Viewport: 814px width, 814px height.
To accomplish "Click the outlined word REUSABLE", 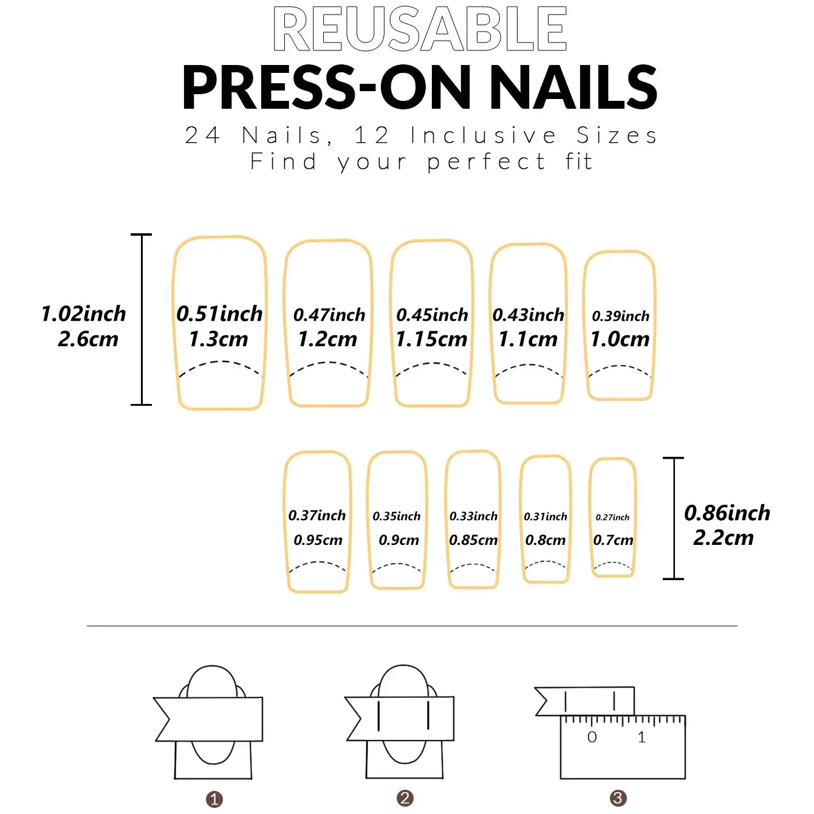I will click(x=420, y=29).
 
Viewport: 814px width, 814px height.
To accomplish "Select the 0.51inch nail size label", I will click(x=219, y=314).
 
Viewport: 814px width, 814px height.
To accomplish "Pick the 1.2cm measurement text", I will click(x=327, y=339).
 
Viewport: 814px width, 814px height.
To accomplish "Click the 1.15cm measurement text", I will click(x=431, y=339).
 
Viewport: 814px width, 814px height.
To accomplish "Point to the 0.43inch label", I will click(x=528, y=315).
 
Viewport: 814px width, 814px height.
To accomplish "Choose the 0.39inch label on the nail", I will click(x=620, y=316).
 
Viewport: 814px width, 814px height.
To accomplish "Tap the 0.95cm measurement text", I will click(x=318, y=540).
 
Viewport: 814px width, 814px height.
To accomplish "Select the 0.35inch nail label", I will click(x=396, y=516).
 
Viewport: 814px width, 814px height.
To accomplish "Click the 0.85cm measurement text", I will click(x=473, y=540).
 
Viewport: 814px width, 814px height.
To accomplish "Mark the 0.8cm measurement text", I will click(x=545, y=540).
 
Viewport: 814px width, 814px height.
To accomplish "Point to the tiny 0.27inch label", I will click(x=612, y=518).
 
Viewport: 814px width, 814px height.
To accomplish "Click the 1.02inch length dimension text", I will click(x=83, y=314).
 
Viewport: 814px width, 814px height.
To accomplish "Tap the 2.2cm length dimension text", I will click(x=723, y=538).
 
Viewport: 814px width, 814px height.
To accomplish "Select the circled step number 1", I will click(x=214, y=799).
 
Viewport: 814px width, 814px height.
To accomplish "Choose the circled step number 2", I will click(x=405, y=798).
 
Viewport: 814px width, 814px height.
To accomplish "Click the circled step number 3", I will click(x=618, y=798).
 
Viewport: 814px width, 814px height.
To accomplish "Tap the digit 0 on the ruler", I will click(x=592, y=737).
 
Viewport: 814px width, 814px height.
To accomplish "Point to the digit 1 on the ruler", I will click(x=641, y=737).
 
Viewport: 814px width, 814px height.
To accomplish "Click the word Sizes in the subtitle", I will click(x=617, y=135).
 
